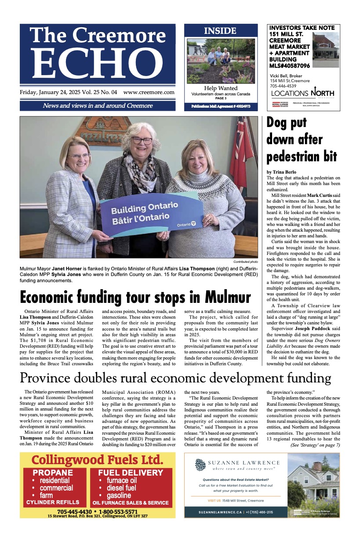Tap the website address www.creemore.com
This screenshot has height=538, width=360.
pos(149,93)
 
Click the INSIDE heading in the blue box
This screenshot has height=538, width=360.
pos(220,31)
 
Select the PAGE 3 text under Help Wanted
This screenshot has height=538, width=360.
pos(221,98)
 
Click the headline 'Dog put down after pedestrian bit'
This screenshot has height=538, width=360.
pos(302,139)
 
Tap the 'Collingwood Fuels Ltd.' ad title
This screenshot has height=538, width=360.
pos(97,460)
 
